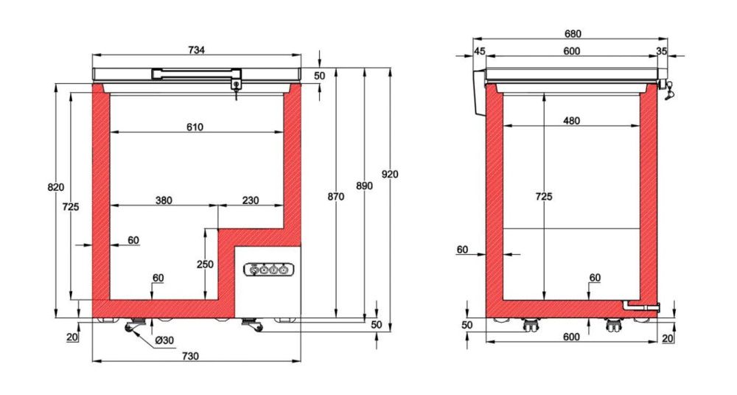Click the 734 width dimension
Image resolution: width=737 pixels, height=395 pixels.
[196, 49]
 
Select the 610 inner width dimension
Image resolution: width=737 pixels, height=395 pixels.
[195, 127]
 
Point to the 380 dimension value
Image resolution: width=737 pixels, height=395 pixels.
[164, 200]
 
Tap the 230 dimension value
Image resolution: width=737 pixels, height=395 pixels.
[251, 200]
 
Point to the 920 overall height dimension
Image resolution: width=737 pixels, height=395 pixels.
[390, 174]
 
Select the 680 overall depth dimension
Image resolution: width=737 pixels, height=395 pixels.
[573, 34]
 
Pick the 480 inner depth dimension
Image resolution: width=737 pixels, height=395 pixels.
[570, 121]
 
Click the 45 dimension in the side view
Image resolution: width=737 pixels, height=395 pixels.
[480, 51]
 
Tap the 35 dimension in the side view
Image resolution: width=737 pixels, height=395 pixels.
[661, 51]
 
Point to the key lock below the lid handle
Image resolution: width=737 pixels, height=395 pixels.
[236, 86]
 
